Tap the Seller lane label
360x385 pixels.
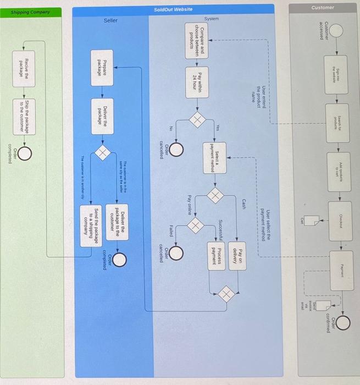pyautogui.click(x=110, y=21)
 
